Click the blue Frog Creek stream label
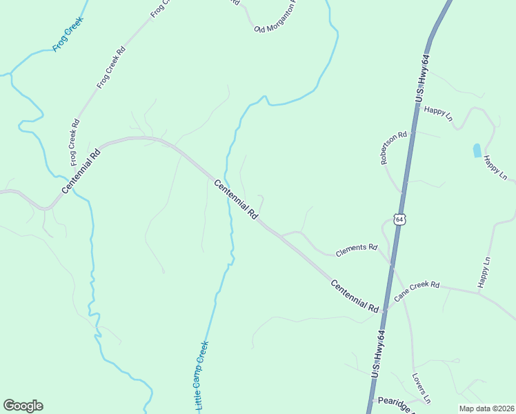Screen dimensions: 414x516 coord(68,39)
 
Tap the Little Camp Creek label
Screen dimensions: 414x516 coord(197,377)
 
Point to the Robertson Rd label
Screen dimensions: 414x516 coord(394,148)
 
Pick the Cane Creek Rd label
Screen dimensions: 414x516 coord(417,290)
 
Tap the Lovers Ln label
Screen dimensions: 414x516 coord(421,388)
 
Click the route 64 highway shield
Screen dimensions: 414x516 coord(400,219)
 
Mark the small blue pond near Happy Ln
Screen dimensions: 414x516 coord(477,150)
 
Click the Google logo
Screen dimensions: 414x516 coord(23,406)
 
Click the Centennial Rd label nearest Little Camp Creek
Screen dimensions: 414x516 coord(235,199)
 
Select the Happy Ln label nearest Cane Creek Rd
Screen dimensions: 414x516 coord(484,272)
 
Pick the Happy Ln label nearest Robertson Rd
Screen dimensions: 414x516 coord(437,113)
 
